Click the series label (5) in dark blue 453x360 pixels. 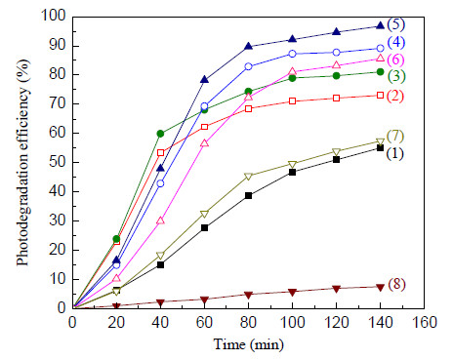[x=395, y=24]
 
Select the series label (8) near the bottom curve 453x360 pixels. [x=396, y=284]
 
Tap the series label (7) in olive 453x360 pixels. [x=395, y=136]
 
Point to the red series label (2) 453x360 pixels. [x=395, y=96]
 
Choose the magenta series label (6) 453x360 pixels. [x=395, y=60]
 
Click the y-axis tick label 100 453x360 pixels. [x=54, y=16]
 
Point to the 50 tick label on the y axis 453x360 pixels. [x=58, y=162]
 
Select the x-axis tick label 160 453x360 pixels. [x=424, y=322]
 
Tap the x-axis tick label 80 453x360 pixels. [x=248, y=322]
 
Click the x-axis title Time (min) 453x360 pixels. [x=249, y=344]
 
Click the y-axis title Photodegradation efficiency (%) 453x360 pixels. [x=22, y=162]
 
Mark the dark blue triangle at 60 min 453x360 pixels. [x=204, y=79]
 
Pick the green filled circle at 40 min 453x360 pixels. [x=160, y=134]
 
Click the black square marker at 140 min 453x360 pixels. [x=380, y=148]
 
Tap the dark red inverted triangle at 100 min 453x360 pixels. [x=292, y=292]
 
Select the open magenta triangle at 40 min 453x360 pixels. [x=160, y=220]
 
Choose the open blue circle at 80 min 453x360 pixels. [x=248, y=66]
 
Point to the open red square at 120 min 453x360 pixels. [x=336, y=99]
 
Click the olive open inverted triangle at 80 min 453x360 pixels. [x=248, y=177]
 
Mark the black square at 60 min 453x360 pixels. [x=204, y=228]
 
